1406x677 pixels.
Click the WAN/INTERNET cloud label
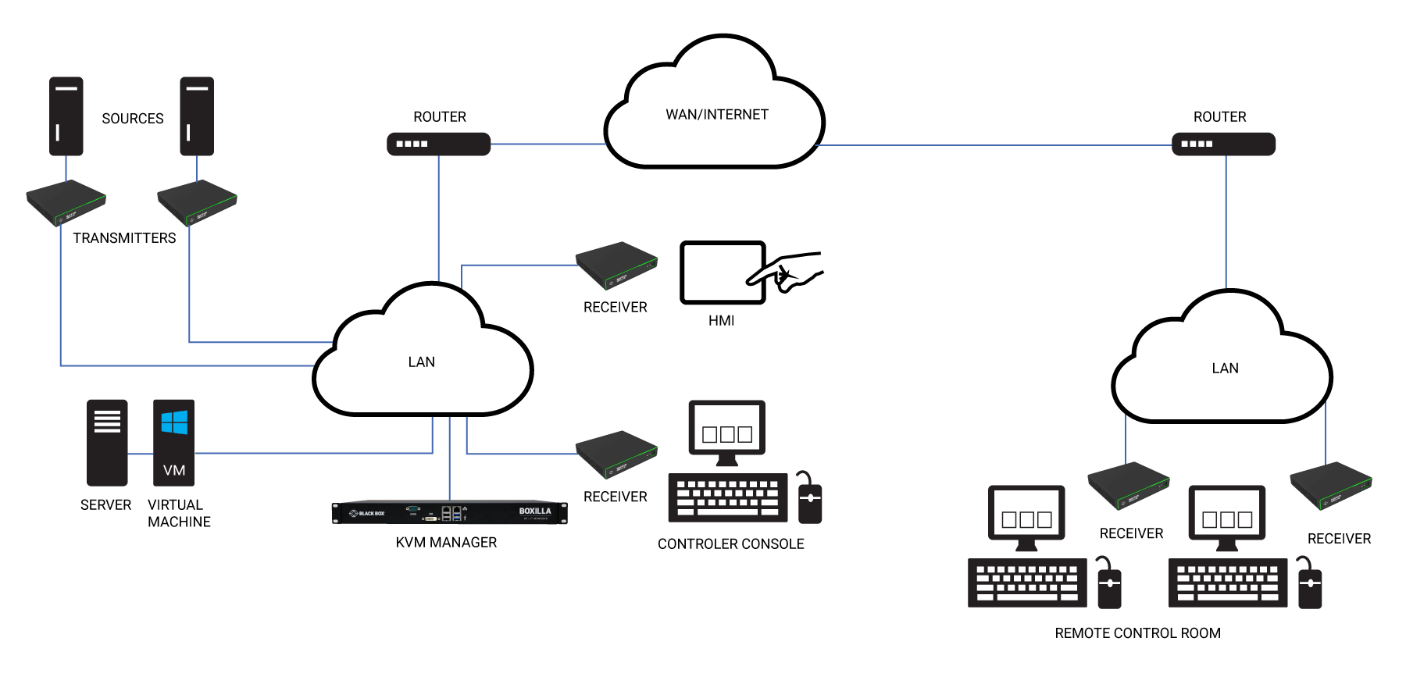(716, 115)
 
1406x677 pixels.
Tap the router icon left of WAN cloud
(438, 144)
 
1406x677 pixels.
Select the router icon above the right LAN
(1223, 144)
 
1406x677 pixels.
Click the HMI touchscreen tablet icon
(722, 272)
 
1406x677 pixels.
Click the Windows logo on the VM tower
(174, 422)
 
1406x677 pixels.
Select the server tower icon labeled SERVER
(107, 443)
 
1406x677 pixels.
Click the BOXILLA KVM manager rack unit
(449, 512)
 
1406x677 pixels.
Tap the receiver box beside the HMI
(616, 265)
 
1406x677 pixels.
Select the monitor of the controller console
(726, 429)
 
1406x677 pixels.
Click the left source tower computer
(66, 116)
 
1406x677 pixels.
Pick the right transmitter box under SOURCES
(197, 202)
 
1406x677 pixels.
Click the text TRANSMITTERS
(124, 238)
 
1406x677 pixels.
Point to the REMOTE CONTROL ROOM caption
(1137, 633)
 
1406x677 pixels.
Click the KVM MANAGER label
(446, 543)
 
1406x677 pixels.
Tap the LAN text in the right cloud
(1225, 369)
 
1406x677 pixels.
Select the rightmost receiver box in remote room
(1330, 485)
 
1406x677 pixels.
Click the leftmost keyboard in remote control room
(1027, 583)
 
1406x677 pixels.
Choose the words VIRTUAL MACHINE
(179, 514)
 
